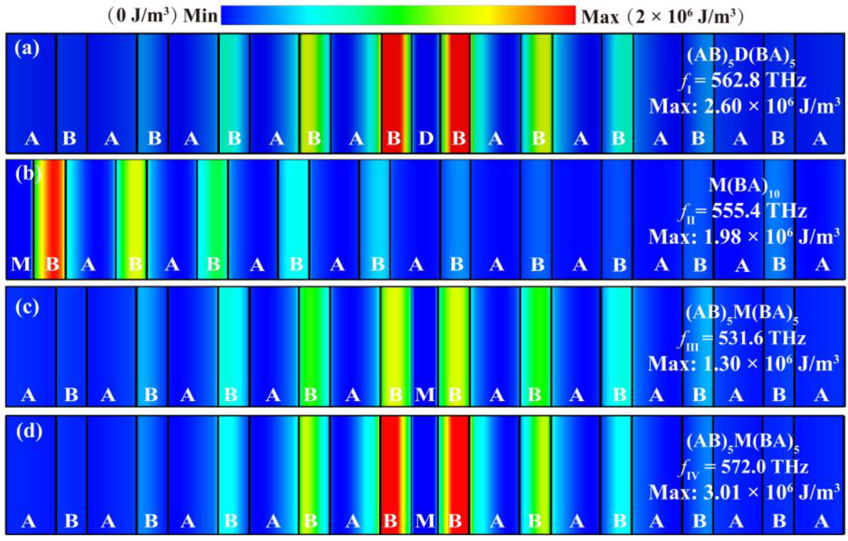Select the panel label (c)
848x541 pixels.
(27, 307)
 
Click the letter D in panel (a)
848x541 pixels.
(426, 138)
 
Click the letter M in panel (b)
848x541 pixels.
(20, 264)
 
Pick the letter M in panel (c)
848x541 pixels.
(425, 395)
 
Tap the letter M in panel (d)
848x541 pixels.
(425, 521)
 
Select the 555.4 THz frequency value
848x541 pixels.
(759, 211)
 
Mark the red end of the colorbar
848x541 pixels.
(567, 15)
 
